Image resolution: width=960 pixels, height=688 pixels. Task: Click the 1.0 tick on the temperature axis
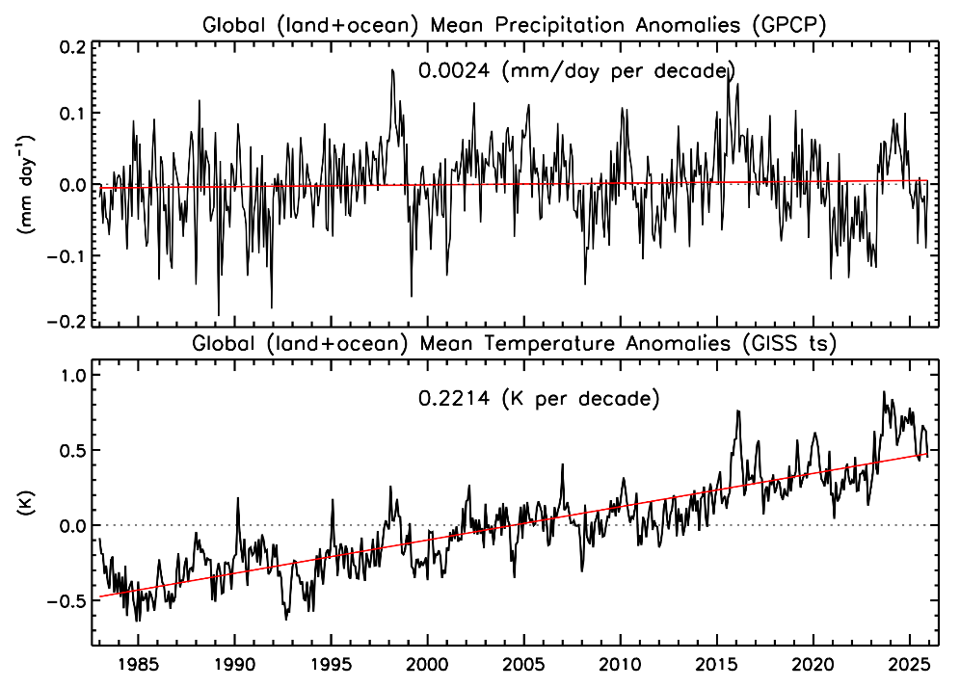(72, 375)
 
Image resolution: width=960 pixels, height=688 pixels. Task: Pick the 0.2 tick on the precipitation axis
(72, 46)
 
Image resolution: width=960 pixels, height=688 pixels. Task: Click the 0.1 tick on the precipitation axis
(72, 115)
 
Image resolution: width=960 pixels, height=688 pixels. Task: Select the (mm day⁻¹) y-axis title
(26, 183)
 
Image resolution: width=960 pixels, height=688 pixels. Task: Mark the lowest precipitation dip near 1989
(218, 315)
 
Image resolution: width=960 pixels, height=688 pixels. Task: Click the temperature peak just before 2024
(884, 392)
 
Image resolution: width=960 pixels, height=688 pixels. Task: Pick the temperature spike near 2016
(737, 411)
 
